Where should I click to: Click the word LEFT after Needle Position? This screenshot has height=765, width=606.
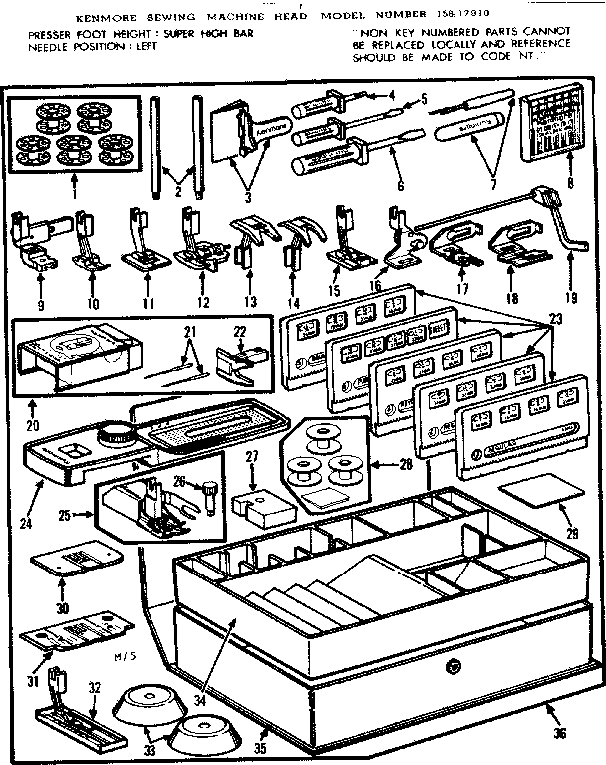coord(138,46)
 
